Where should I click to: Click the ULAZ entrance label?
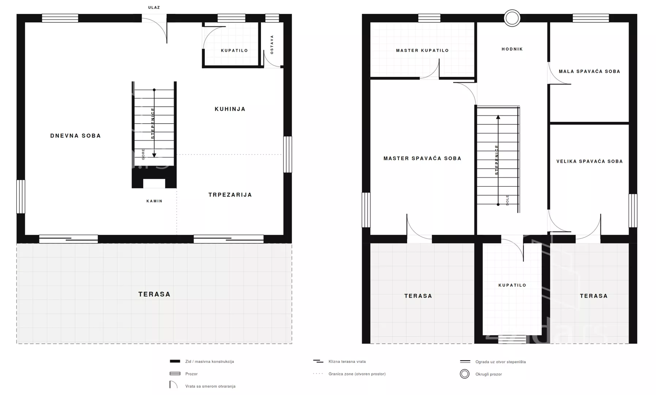pyautogui.click(x=154, y=7)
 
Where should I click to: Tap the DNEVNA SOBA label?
pyautogui.click(x=76, y=136)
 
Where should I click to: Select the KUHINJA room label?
pyautogui.click(x=230, y=109)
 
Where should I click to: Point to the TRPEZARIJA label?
pyautogui.click(x=230, y=195)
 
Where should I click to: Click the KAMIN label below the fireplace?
pyautogui.click(x=155, y=201)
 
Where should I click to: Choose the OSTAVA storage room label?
pyautogui.click(x=272, y=45)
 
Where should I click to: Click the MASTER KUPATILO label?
pyautogui.click(x=422, y=50)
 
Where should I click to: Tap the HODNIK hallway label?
pyautogui.click(x=512, y=49)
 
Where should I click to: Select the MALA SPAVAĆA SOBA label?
pyautogui.click(x=589, y=71)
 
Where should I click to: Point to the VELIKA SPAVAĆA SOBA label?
pyautogui.click(x=589, y=161)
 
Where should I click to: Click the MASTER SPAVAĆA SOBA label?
pyautogui.click(x=422, y=158)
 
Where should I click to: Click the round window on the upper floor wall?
pyautogui.click(x=512, y=18)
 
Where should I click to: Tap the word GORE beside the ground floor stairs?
pyautogui.click(x=143, y=154)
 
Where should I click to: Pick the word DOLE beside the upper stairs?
pyautogui.click(x=507, y=200)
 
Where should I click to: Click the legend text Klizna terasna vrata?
pyautogui.click(x=347, y=362)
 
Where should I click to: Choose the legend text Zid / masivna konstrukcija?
pyautogui.click(x=209, y=362)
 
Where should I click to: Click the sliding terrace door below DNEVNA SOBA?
pyautogui.click(x=68, y=239)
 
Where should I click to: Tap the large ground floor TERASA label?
pyautogui.click(x=155, y=294)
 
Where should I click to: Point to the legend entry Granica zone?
pyautogui.click(x=357, y=374)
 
